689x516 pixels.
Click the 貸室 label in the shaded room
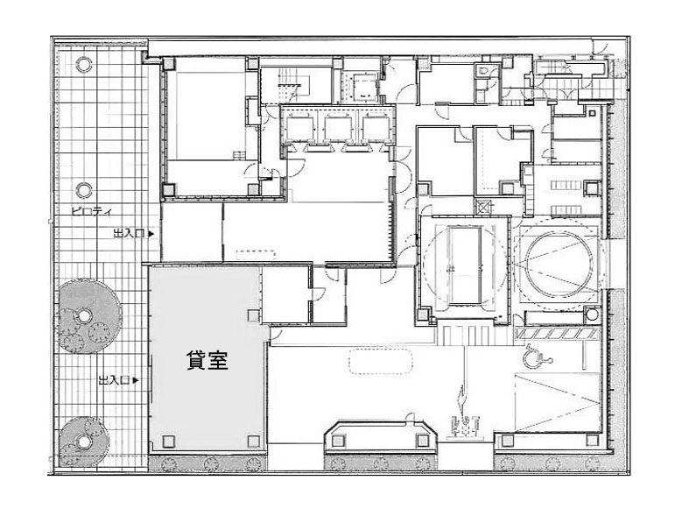pyautogui.click(x=207, y=360)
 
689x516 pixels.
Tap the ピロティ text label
pyautogui.click(x=91, y=211)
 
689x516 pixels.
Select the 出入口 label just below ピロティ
pyautogui.click(x=129, y=234)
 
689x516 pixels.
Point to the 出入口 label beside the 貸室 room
pyautogui.click(x=114, y=380)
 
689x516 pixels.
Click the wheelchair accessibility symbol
pyautogui.click(x=537, y=355)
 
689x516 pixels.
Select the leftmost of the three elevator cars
pyautogui.click(x=299, y=127)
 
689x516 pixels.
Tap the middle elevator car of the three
pyautogui.click(x=337, y=127)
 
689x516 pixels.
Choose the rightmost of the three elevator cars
pyautogui.click(x=376, y=127)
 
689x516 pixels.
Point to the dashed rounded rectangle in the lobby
pyautogui.click(x=381, y=361)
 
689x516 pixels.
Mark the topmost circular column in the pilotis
pyautogui.click(x=83, y=65)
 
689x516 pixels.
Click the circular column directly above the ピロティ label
pyautogui.click(x=83, y=190)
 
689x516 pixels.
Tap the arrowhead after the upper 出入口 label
pyautogui.click(x=151, y=234)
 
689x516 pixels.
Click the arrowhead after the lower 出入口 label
pyautogui.click(x=136, y=380)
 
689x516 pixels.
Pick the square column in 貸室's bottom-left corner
pyautogui.click(x=167, y=442)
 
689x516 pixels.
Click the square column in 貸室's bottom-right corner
pyautogui.click(x=254, y=442)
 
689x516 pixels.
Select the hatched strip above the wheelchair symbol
pyautogui.click(x=558, y=334)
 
